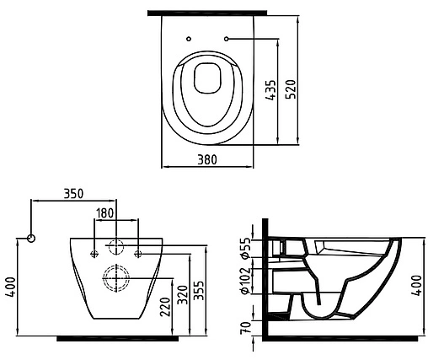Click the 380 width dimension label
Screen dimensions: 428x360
tap(207, 159)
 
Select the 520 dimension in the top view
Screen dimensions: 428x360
tap(291, 89)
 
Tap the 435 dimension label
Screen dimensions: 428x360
tap(271, 90)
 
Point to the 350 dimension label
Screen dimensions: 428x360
tap(73, 194)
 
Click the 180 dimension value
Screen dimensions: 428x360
tap(105, 213)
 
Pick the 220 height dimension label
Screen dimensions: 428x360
tap(165, 307)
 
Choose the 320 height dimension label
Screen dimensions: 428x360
tap(183, 295)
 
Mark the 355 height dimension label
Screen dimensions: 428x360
tap(199, 291)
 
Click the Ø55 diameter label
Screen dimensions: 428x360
tap(245, 248)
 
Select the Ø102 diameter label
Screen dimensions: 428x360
tap(245, 281)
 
